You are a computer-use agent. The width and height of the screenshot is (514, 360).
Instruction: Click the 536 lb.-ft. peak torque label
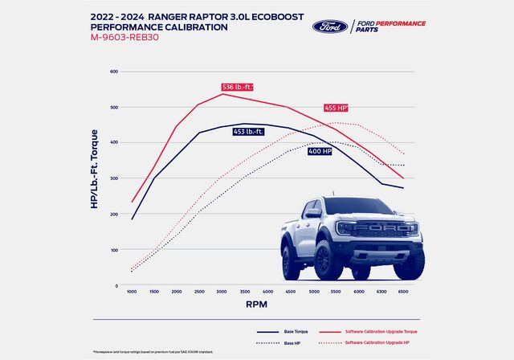pos(238,87)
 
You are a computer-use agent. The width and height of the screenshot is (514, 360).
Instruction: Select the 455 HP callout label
pos(336,108)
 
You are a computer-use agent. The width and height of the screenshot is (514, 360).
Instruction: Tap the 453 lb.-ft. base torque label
pos(249,132)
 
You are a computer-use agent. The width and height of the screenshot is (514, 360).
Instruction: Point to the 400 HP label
pos(320,151)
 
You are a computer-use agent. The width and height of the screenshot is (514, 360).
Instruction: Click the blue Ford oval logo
pos(329,26)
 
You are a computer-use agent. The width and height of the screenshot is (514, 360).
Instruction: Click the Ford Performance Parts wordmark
pos(391,27)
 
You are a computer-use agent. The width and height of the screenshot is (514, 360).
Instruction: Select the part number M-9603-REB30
pos(132,37)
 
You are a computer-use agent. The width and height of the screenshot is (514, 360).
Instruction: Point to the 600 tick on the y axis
pos(114,72)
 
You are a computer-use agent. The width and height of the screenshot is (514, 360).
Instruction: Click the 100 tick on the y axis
pos(114,249)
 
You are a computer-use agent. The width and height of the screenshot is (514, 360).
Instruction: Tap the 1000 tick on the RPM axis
pos(132,291)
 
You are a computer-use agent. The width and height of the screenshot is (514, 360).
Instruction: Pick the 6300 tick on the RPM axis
pos(381,291)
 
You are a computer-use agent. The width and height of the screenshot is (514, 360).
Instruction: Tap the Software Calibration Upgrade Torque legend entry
pos(382,331)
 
